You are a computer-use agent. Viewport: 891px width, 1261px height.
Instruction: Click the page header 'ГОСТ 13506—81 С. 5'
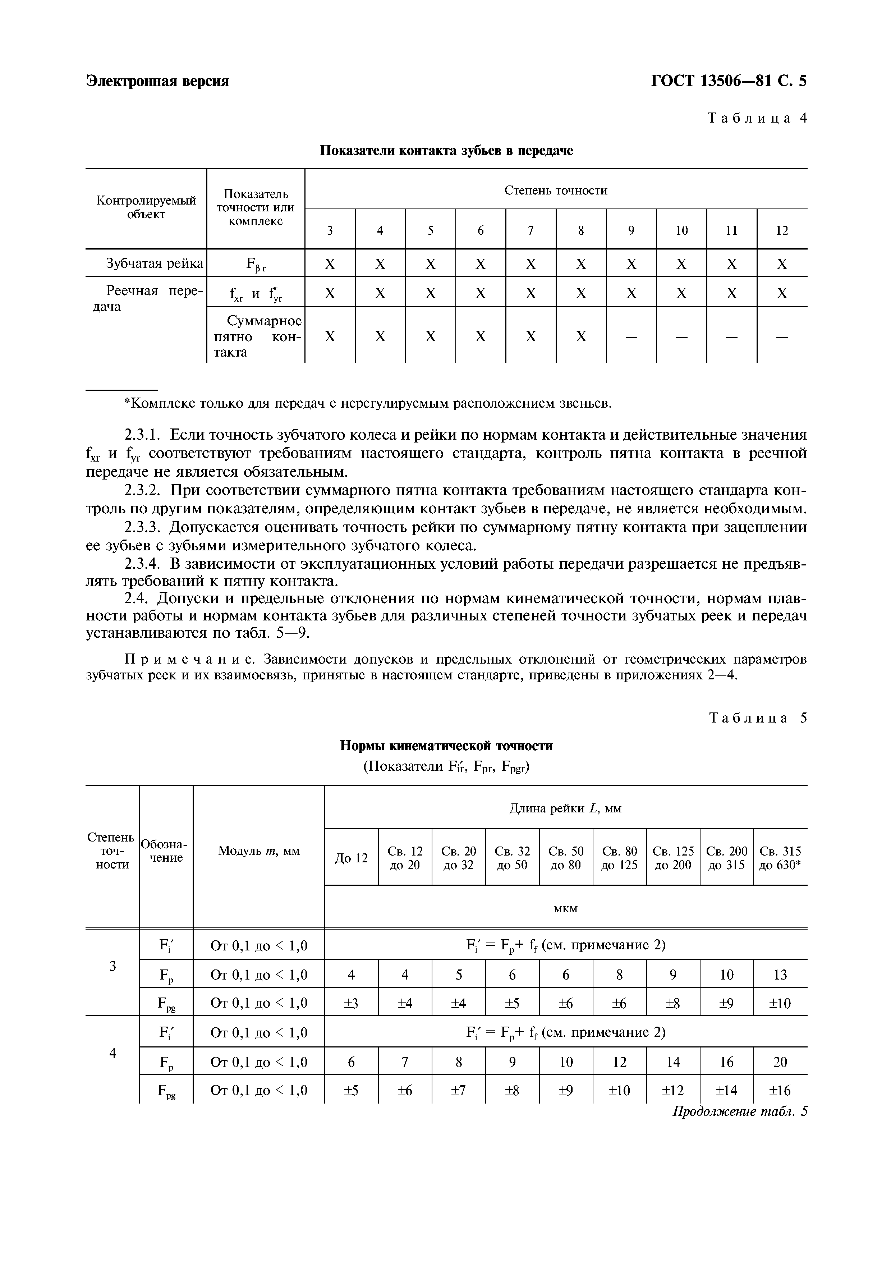tap(729, 81)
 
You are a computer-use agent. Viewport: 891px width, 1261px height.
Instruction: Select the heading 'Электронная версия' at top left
tap(157, 81)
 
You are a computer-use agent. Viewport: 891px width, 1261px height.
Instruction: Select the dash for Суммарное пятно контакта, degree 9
tap(631, 336)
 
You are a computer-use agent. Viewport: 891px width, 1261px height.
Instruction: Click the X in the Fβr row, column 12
tap(782, 264)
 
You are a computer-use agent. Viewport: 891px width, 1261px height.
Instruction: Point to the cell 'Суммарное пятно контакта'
tap(257, 336)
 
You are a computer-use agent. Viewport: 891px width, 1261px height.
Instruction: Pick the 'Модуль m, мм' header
tap(258, 851)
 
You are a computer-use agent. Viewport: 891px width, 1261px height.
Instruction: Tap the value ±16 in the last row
tap(780, 1090)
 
